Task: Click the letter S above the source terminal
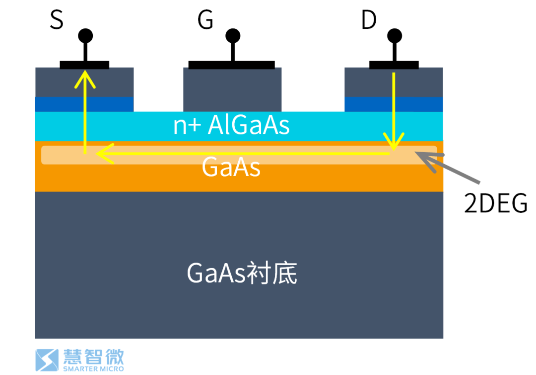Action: pos(57,21)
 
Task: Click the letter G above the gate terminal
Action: pos(205,21)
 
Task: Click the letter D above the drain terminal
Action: pos(369,21)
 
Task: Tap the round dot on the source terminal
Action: pos(85,36)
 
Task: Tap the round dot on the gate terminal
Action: pos(232,36)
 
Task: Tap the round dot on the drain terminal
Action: pos(395,36)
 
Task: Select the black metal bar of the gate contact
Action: pos(231,65)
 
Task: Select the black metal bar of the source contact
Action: pos(84,65)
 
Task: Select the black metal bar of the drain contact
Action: pos(394,65)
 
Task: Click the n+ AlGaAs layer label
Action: pos(231,126)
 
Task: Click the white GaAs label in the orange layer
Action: pos(231,168)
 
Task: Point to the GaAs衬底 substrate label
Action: pos(242,273)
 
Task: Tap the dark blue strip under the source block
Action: pos(84,104)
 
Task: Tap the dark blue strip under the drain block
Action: pos(394,104)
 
